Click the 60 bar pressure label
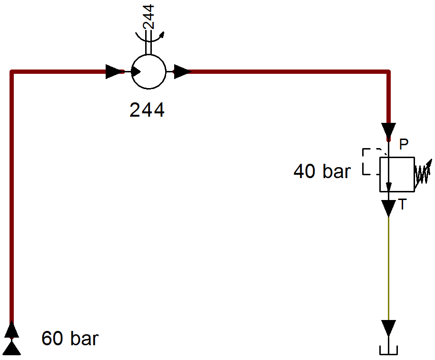tap(70, 338)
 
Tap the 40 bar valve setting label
tap(322, 171)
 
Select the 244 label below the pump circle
tap(147, 110)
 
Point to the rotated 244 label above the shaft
tap(148, 17)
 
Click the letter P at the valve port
tap(404, 144)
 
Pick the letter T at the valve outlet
tap(402, 204)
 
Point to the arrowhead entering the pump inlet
tap(115, 71)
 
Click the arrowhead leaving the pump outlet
tap(183, 71)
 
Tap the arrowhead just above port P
tap(388, 131)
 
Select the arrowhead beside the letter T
tap(388, 208)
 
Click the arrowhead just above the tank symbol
tap(388, 328)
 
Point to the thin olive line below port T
tap(388, 268)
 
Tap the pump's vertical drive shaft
tap(148, 41)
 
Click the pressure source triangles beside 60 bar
tap(11, 338)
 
